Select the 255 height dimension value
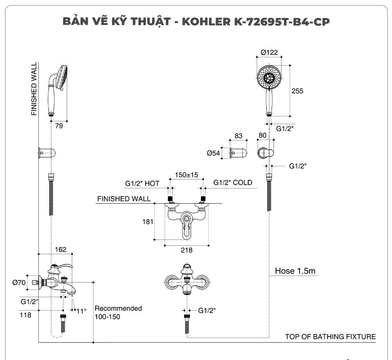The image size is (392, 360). click(298, 91)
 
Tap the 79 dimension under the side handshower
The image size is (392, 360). click(58, 126)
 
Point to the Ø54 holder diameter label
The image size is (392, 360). click(214, 153)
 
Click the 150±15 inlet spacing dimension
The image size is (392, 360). click(187, 175)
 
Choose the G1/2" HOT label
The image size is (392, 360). click(142, 183)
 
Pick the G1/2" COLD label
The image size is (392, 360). click(233, 183)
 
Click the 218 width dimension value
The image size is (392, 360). click(187, 250)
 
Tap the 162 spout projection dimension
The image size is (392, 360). click(60, 250)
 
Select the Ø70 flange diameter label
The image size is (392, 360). click(19, 282)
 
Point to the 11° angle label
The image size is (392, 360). click(81, 311)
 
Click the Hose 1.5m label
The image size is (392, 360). click(295, 271)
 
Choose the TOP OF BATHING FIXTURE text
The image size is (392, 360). click(330, 336)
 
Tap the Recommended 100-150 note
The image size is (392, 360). click(118, 313)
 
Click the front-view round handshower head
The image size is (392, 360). click(269, 76)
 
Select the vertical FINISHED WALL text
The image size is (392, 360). click(34, 89)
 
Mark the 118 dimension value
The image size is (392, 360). click(25, 314)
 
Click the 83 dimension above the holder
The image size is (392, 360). click(238, 136)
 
